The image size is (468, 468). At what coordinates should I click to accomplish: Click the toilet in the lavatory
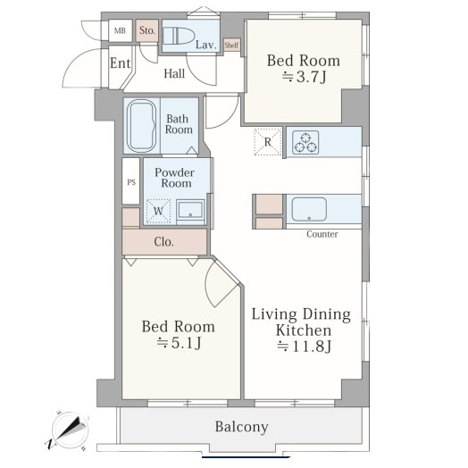point(179,36)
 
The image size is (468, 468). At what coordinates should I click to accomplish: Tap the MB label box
point(120,30)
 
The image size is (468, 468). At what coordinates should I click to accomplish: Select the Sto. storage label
point(147,30)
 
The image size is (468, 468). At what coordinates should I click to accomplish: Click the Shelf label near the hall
point(231,46)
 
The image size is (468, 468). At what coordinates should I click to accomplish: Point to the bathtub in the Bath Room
point(141,126)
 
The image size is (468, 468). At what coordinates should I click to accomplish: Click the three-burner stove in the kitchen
point(305,142)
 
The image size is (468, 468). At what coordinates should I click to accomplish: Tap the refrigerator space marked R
point(268,142)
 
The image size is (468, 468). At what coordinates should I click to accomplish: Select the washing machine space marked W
point(158,211)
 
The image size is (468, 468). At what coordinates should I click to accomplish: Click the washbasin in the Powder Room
point(190,210)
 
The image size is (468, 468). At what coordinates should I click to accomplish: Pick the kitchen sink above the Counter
point(309,209)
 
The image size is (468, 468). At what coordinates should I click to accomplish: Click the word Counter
point(322,234)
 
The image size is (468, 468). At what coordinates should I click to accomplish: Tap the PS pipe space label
point(131,182)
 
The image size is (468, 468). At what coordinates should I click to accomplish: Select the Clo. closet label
point(163,242)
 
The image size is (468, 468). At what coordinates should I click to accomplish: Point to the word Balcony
point(241,427)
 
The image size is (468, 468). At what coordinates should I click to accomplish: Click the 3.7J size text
point(305,77)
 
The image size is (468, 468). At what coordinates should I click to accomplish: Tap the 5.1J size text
point(180,343)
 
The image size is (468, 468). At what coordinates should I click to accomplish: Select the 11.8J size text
point(305,347)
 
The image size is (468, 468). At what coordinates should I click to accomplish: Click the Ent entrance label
point(120,63)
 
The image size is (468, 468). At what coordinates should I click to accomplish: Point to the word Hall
point(174,74)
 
